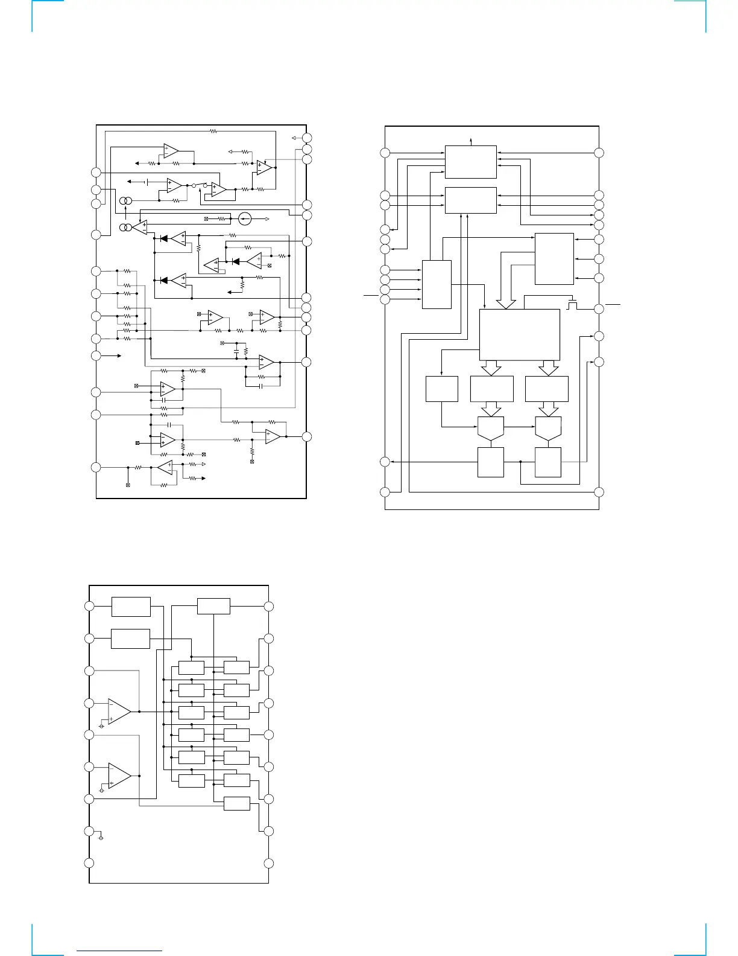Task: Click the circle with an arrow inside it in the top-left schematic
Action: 245,218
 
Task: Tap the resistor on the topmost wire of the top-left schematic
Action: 212,130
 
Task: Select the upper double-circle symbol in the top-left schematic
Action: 125,201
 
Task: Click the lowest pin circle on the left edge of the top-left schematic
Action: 96,467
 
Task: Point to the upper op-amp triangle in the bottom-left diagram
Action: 119,712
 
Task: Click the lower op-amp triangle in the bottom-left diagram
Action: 119,776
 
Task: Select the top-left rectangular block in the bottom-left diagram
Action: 131,607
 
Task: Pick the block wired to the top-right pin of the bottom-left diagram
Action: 213,606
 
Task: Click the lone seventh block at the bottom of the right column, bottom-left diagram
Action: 236,803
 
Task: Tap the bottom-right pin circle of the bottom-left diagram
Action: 269,862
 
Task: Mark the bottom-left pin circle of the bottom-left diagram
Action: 89,862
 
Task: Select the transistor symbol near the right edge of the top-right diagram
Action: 572,304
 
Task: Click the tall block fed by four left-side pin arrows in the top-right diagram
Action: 437,284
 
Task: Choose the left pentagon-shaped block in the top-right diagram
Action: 491,427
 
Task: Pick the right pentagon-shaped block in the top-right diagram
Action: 547,427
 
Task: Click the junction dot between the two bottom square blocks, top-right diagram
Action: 520,462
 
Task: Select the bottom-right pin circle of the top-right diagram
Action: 599,492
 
